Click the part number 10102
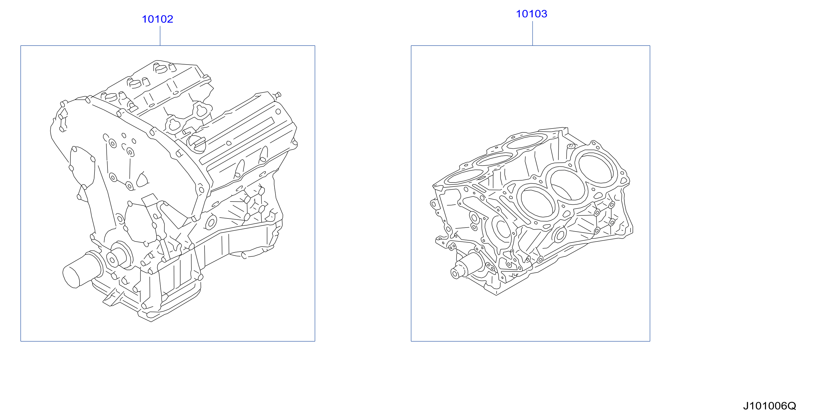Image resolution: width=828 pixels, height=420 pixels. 158,19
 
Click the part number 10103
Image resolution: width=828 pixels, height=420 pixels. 531,14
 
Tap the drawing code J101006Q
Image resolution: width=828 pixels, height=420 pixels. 769,406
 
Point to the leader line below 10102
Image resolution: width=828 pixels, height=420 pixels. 160,36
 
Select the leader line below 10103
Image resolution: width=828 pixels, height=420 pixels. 533,33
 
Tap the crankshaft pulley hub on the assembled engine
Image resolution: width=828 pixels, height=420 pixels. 119,256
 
